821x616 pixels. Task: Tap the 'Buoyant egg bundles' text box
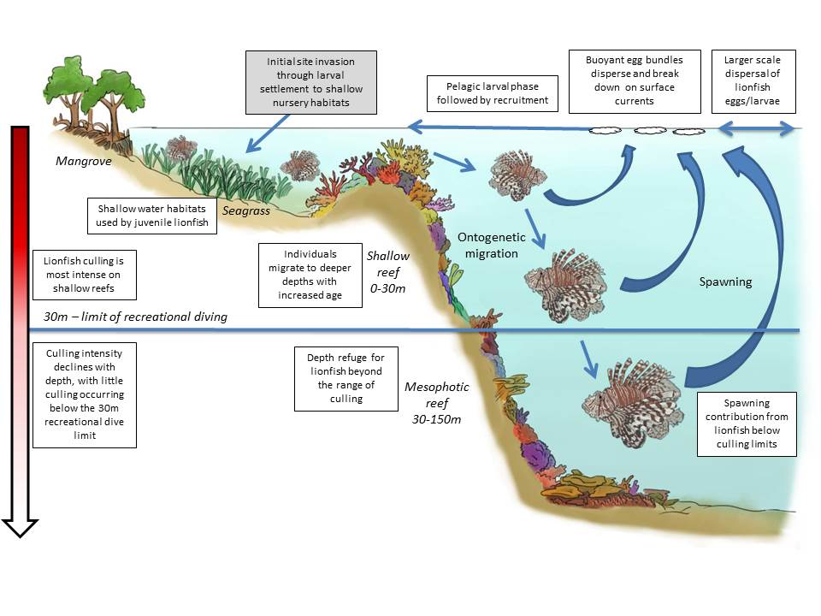pos(635,80)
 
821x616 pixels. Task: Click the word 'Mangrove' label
pos(84,160)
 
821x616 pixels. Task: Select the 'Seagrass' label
pos(242,210)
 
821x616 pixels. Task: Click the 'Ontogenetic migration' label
pos(488,245)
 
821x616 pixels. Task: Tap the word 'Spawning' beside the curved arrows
pos(725,281)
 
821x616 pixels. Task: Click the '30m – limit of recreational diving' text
pos(135,317)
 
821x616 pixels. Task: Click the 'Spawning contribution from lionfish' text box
pos(747,423)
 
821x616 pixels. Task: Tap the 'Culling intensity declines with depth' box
pos(84,394)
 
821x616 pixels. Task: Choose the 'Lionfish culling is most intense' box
pos(83,271)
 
